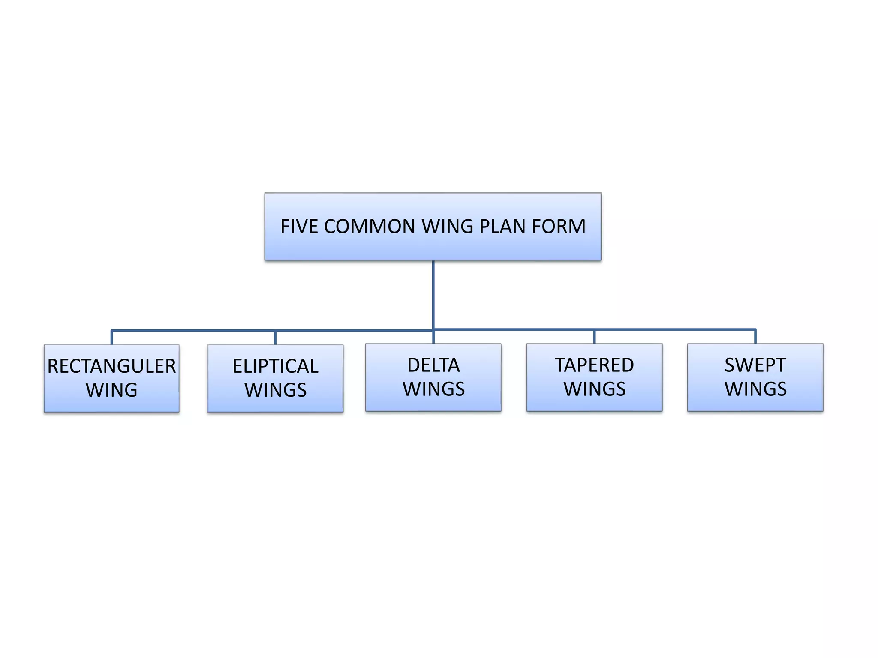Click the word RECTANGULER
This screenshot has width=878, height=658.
[111, 366]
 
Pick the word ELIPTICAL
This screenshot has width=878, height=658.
[275, 366]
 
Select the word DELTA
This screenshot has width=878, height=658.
[433, 365]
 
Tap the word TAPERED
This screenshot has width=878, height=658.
[594, 365]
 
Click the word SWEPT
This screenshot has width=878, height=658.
[755, 365]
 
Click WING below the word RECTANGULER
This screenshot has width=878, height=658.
[111, 390]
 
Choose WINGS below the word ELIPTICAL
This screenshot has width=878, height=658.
[275, 390]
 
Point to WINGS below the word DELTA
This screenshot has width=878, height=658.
[433, 389]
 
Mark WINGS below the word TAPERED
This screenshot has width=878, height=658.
[594, 389]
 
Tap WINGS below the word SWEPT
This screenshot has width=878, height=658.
[755, 389]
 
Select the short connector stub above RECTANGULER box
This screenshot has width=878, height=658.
[111, 338]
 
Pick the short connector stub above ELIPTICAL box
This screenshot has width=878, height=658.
[275, 338]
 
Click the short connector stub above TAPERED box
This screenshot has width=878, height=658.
[594, 337]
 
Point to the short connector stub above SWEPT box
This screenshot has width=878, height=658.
[755, 337]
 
